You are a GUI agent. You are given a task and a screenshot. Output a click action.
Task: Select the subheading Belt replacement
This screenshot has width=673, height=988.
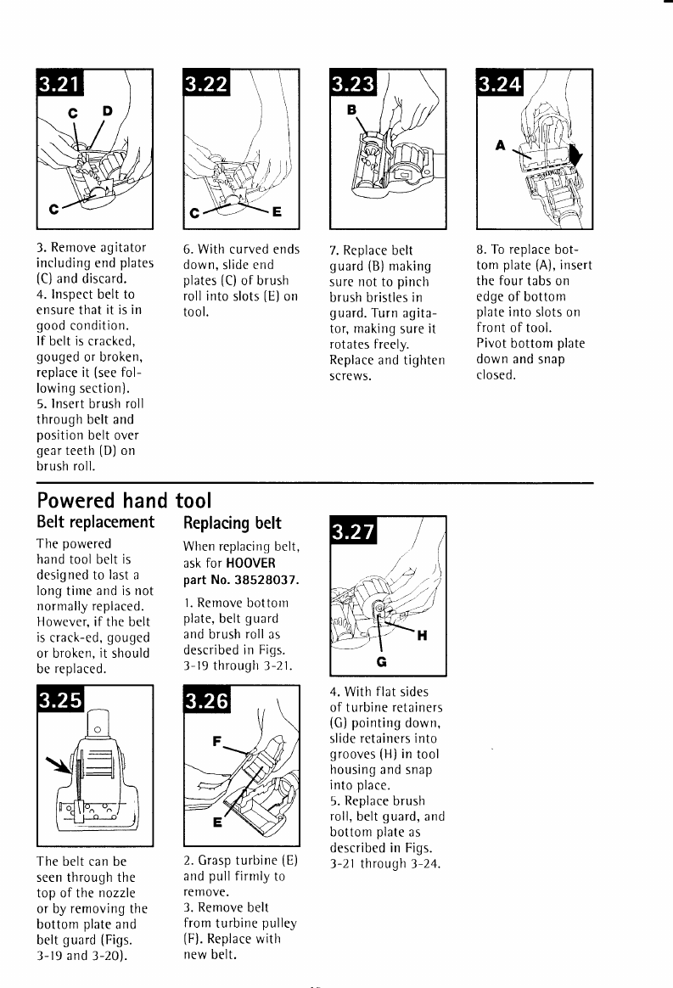95,522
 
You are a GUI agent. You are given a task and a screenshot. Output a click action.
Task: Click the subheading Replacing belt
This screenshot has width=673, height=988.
233,522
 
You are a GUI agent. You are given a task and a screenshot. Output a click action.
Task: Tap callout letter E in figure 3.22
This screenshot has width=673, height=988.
277,213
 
